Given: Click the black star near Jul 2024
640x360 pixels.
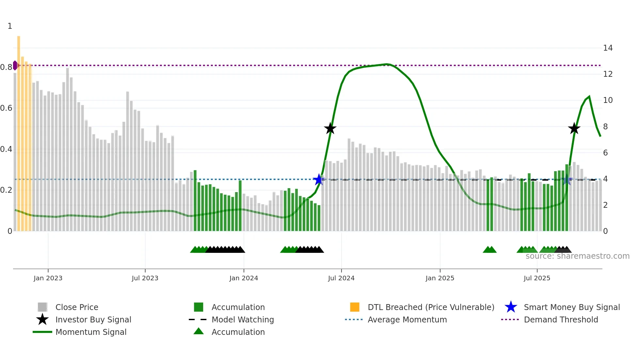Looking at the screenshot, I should (x=330, y=128).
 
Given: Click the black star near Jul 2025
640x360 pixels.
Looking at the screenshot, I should (x=574, y=128).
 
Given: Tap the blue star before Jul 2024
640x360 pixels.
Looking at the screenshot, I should (x=319, y=179).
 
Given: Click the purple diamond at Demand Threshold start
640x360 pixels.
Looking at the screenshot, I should (x=15, y=65).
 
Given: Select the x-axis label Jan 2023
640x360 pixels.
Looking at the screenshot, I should (x=48, y=278).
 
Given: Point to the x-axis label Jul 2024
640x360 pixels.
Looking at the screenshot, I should (x=341, y=278).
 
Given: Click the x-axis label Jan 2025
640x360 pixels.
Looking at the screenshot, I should (x=440, y=278).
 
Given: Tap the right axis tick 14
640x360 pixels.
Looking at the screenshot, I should (x=608, y=48).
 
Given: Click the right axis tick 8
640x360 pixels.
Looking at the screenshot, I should (x=605, y=127).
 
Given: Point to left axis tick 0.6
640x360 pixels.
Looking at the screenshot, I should (x=6, y=108).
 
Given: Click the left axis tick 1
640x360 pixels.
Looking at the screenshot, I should (x=10, y=26).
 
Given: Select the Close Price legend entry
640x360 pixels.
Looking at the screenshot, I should (x=77, y=307).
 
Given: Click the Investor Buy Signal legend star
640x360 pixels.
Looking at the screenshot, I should (x=42, y=319).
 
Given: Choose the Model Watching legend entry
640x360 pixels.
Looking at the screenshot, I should (x=243, y=319).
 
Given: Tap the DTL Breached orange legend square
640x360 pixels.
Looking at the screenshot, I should (x=355, y=307).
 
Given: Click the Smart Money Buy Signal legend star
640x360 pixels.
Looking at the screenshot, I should (x=511, y=307).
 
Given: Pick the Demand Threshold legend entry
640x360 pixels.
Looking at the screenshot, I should (x=561, y=319).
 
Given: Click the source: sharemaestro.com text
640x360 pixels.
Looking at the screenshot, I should (x=577, y=256).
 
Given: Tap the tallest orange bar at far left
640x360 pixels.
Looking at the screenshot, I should (x=19, y=131).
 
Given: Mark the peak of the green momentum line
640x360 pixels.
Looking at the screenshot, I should (x=387, y=64).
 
